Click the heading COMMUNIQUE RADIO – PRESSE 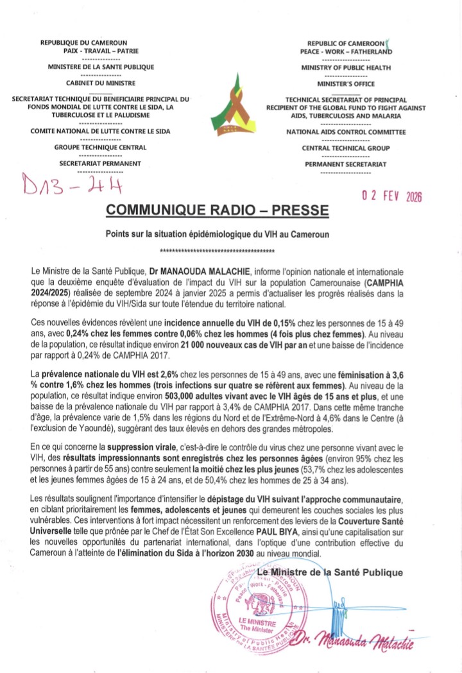point(217,210)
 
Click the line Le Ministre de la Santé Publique point(330,572)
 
